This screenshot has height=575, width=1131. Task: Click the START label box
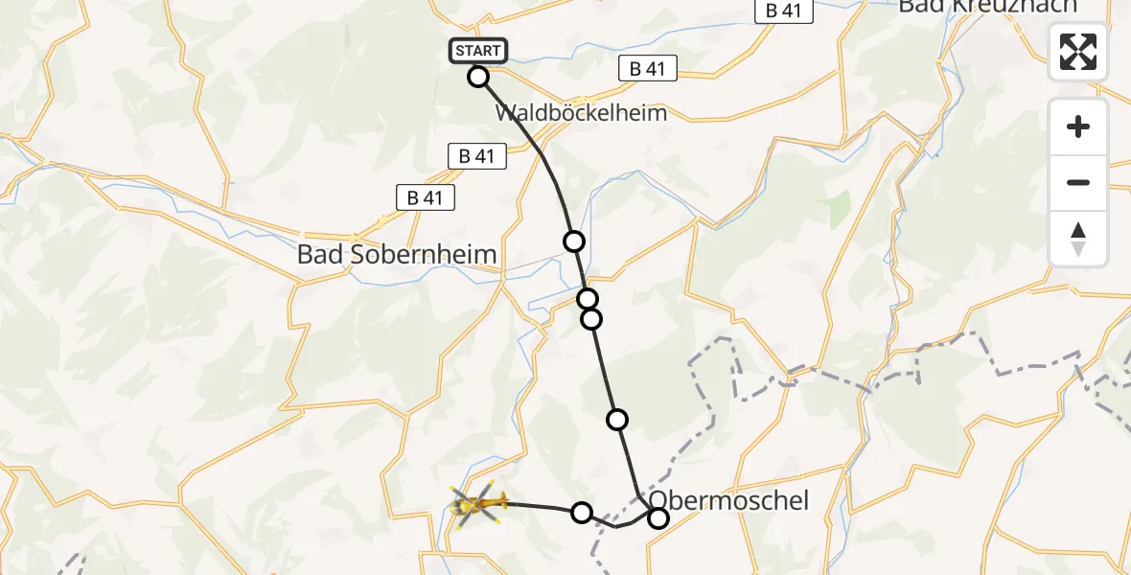(x=477, y=51)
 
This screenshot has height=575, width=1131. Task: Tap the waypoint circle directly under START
(x=478, y=77)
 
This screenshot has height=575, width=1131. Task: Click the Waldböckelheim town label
(x=581, y=112)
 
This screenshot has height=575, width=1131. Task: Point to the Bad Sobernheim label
(x=397, y=255)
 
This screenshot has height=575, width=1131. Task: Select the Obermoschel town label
(x=729, y=500)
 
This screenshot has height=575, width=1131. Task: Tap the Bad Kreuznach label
(x=987, y=8)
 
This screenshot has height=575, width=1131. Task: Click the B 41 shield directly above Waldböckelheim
(x=647, y=69)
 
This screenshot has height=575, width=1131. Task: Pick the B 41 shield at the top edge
(x=783, y=11)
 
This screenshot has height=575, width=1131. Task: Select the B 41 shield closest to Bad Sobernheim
(x=426, y=197)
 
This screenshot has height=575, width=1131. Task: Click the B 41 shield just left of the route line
(x=476, y=156)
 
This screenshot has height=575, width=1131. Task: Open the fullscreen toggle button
(x=1078, y=51)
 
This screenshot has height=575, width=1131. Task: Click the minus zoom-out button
(x=1078, y=182)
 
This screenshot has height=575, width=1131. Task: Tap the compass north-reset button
(x=1078, y=238)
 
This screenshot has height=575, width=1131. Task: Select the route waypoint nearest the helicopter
(x=582, y=513)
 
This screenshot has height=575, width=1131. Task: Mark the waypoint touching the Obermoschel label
(x=658, y=518)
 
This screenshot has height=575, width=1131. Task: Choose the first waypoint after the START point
(x=573, y=241)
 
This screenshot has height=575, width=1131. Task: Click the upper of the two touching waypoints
(x=588, y=299)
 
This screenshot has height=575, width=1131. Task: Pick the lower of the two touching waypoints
(x=591, y=318)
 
